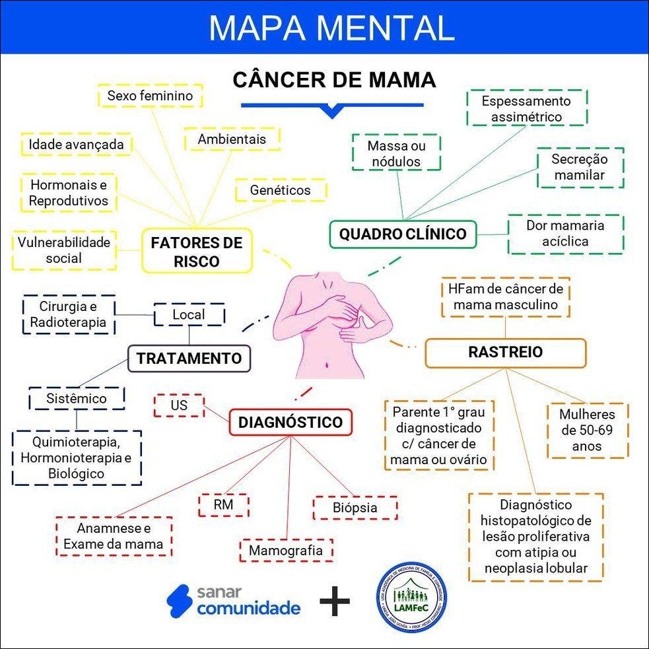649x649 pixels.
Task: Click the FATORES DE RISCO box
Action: [x=197, y=251]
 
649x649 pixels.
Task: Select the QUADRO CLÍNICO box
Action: [x=403, y=234]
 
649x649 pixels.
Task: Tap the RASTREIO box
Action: [x=505, y=353]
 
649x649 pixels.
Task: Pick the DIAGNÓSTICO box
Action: [x=290, y=423]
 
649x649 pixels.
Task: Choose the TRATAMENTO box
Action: [x=189, y=359]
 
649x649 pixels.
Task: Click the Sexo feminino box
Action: [x=150, y=96]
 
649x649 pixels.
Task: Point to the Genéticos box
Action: [x=281, y=190]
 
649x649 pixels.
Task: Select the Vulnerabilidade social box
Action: [x=64, y=250]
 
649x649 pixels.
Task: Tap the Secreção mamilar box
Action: [x=580, y=168]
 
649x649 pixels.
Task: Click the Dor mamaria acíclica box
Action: [x=565, y=234]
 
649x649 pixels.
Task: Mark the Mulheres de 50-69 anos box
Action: [x=587, y=430]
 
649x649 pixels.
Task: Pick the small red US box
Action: [x=179, y=405]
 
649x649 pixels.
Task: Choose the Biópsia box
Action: [x=355, y=508]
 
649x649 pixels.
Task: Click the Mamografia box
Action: [x=286, y=550]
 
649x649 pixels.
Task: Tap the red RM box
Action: [x=224, y=506]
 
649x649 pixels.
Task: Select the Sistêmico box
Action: [x=77, y=399]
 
